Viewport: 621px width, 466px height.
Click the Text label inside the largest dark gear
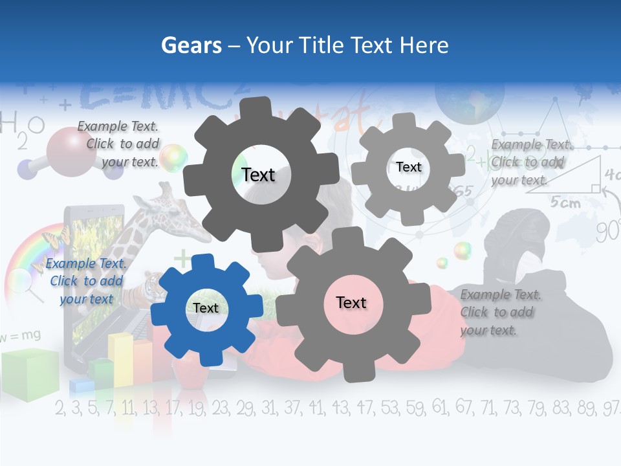pos(258,175)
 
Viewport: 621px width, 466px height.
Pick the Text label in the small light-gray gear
pos(408,167)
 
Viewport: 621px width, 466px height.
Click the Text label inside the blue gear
pos(205,308)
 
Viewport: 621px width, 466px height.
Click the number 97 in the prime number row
pos(609,408)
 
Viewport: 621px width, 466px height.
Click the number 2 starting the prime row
pos(60,408)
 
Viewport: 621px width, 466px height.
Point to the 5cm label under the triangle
pos(565,202)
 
